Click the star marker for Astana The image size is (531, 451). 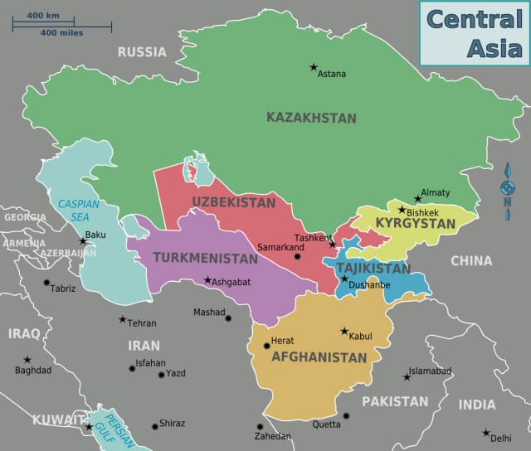pos(314,67)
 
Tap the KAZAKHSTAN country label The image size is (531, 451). pos(311,118)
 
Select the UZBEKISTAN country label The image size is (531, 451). pos(234,202)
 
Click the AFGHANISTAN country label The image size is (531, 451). pos(319,357)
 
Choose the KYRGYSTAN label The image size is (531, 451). pos(416,224)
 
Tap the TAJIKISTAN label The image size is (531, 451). pos(373,269)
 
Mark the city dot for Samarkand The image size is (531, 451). pos(297,257)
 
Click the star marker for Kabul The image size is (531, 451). pos(344,331)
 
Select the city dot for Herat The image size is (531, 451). pos(265,347)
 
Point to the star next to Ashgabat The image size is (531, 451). pos(207,280)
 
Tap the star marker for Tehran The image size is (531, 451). pos(123,319)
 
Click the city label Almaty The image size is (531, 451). pos(436,192)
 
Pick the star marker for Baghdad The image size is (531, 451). pos(27,360)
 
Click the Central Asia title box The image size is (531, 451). pos(471,32)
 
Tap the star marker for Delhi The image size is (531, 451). pos(486,433)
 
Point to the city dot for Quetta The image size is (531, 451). pos(346,415)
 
